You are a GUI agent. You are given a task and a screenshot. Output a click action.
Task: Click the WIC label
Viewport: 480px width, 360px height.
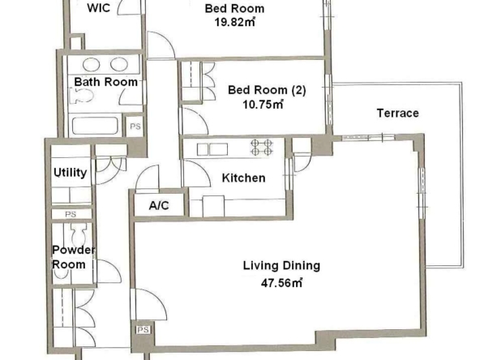coord(99,7)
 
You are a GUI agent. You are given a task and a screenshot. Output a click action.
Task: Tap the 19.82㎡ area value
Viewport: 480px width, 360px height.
coord(235,23)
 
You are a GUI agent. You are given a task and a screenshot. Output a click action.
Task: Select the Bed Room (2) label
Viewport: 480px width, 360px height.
coord(267,90)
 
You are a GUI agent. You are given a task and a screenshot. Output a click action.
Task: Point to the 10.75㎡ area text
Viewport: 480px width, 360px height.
coord(263,105)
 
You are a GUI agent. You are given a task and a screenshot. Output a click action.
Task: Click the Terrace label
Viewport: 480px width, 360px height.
coord(397,114)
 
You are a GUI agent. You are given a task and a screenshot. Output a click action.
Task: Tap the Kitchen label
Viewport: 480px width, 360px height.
coord(244,178)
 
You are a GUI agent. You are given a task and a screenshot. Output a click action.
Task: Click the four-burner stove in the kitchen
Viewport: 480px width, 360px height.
coord(262,148)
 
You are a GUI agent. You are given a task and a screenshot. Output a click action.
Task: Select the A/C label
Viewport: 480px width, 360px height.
coord(159,205)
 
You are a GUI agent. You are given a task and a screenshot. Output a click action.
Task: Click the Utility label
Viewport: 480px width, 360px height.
coord(70,173)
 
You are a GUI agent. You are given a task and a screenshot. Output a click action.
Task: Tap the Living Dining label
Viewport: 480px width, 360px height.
coord(281,265)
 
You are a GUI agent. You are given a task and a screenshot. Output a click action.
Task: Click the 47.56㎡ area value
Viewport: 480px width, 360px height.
coord(281,283)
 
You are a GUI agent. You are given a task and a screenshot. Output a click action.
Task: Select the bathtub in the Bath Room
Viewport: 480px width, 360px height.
coord(95,126)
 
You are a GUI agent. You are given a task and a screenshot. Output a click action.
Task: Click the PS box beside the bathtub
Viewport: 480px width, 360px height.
coord(135,126)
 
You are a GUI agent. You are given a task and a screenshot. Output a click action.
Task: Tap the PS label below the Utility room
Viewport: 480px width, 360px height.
coord(71,214)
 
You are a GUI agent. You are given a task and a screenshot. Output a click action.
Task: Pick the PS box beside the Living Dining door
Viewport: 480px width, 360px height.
coord(144,330)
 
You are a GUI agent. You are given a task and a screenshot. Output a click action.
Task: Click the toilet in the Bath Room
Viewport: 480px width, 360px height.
coord(82,96)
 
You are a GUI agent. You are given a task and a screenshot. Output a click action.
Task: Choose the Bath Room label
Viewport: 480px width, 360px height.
coord(106,82)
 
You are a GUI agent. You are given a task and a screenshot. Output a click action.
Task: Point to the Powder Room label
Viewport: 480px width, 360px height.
coord(74,257)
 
